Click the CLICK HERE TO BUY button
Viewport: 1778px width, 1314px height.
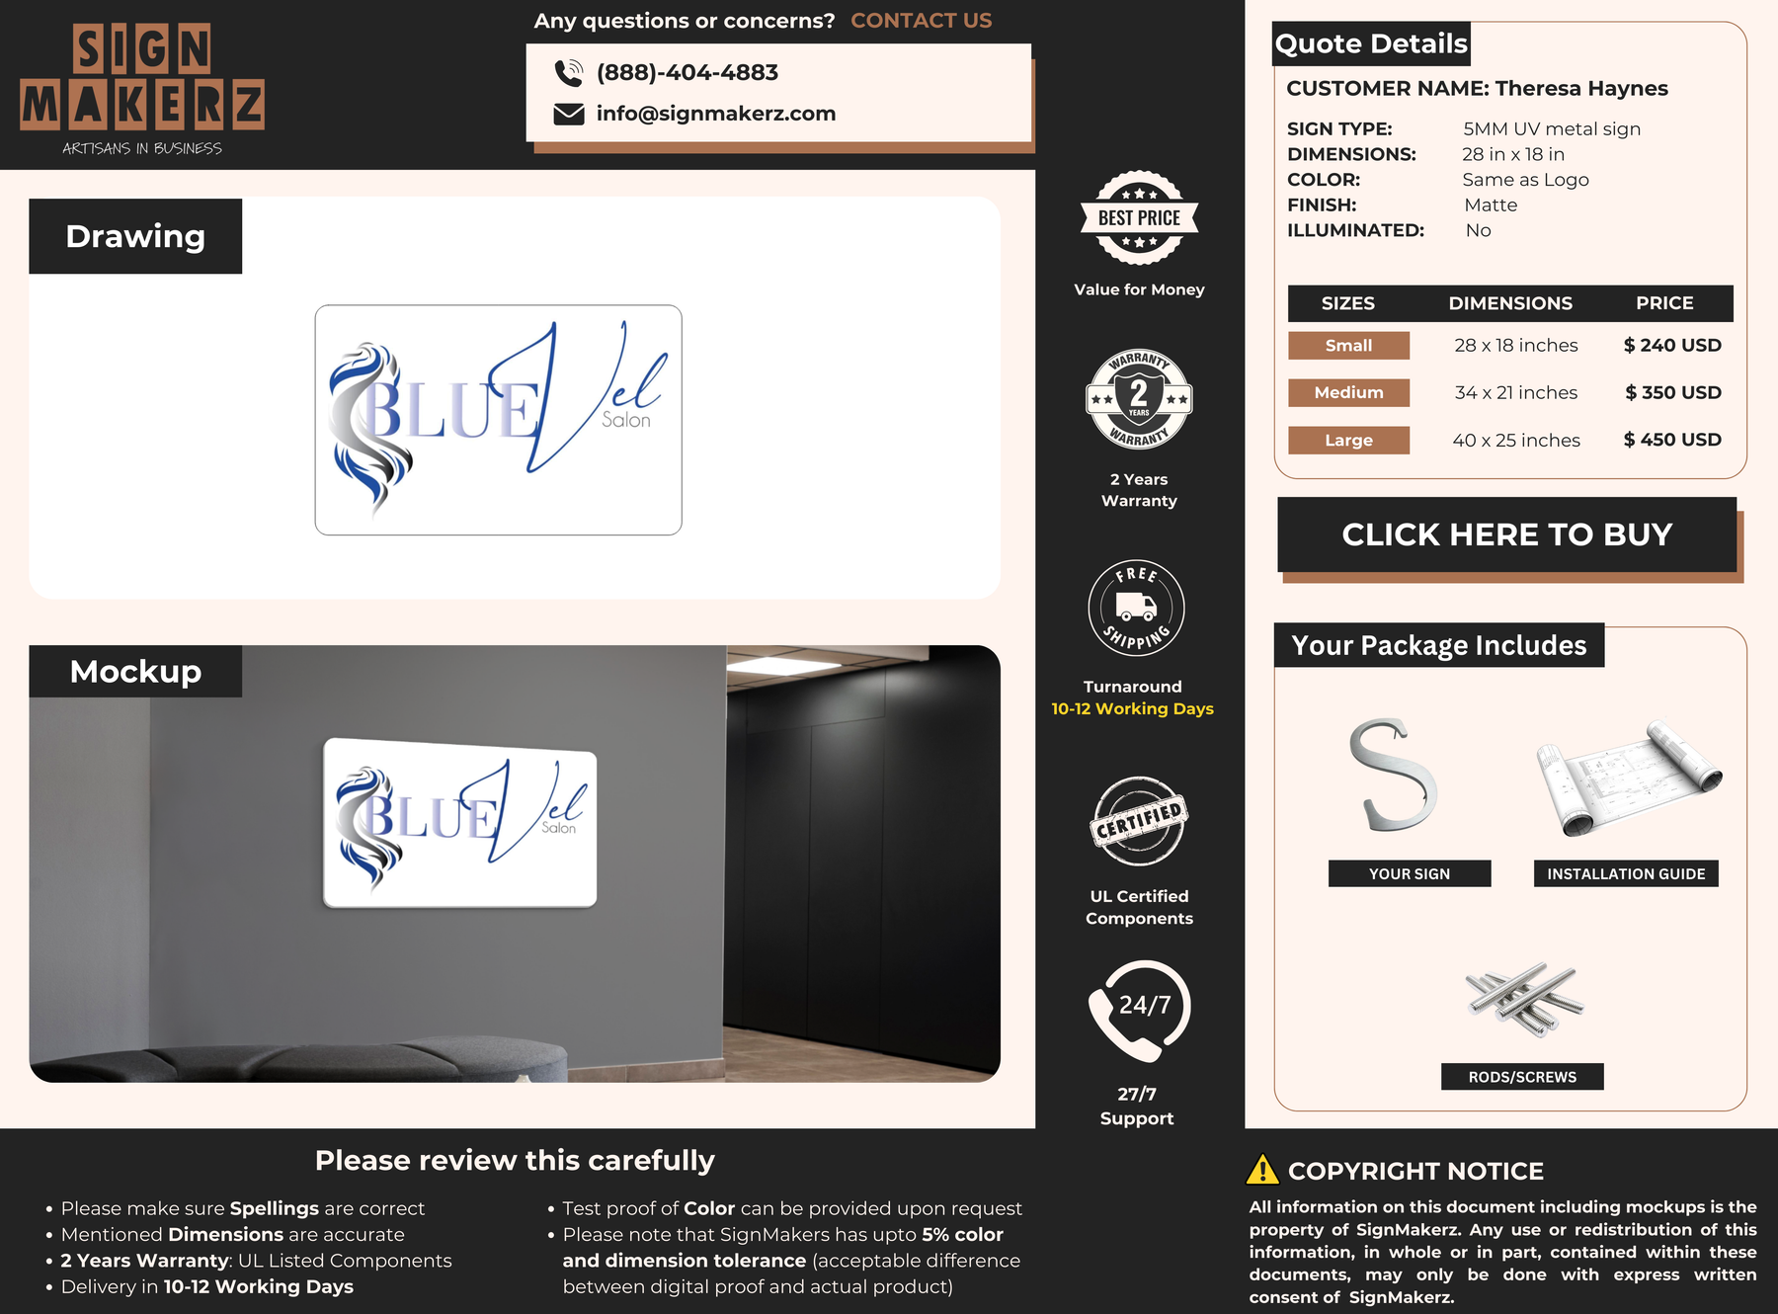click(x=1507, y=534)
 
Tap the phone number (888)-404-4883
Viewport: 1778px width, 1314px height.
click(x=687, y=72)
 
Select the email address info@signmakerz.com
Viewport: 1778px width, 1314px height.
click(x=716, y=114)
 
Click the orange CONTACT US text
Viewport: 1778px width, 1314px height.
click(x=922, y=21)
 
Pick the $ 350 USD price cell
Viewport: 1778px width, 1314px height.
click(x=1673, y=392)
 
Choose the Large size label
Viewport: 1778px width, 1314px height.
click(x=1349, y=440)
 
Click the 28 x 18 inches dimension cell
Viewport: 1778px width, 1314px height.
click(x=1516, y=345)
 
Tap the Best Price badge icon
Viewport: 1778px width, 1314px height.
click(x=1140, y=217)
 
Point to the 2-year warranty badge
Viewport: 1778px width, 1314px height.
click(x=1139, y=399)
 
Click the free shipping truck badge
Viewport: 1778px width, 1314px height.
click(x=1136, y=608)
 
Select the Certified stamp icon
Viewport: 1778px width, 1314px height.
click(x=1139, y=821)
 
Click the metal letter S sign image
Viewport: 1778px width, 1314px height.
click(x=1392, y=775)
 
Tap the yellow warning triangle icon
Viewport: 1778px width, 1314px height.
click(x=1262, y=1170)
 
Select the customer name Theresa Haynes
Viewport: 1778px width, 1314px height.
click(x=1581, y=88)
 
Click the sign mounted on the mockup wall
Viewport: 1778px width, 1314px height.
click(x=460, y=823)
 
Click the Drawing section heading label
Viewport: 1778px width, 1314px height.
click(x=135, y=236)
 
